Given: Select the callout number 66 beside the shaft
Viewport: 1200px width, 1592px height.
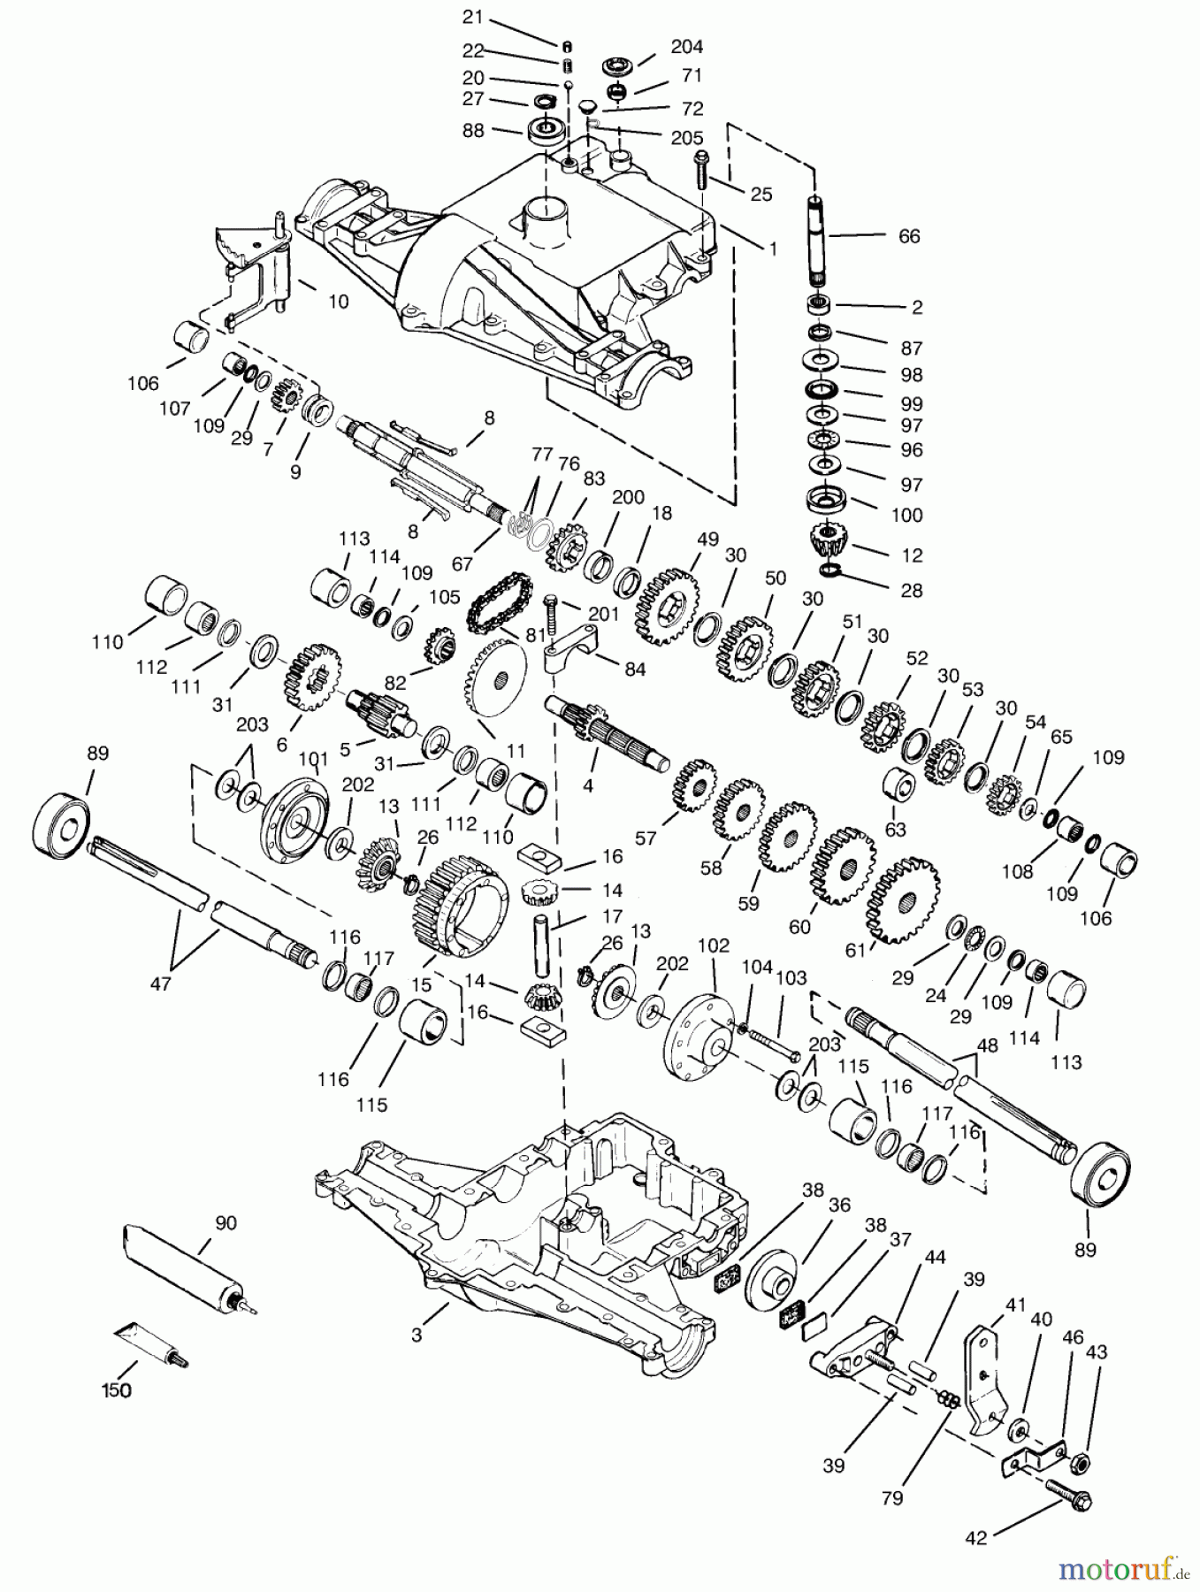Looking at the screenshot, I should pos(908,236).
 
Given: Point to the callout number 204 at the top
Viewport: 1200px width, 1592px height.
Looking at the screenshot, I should pos(687,47).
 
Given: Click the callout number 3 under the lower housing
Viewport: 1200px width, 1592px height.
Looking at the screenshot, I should pos(417,1335).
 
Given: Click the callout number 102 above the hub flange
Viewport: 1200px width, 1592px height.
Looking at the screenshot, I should pos(713,945).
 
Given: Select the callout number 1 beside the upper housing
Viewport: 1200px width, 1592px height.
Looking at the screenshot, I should pos(772,249).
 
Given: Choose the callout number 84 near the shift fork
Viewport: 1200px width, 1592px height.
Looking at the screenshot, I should pos(634,669).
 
